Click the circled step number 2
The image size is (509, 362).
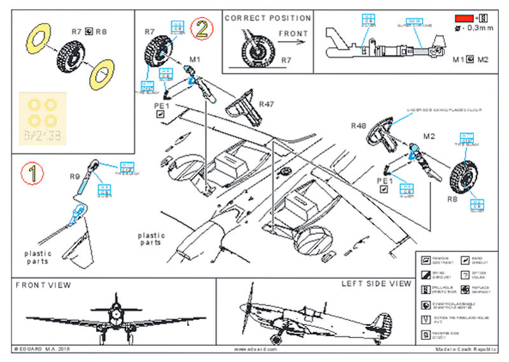(202, 28)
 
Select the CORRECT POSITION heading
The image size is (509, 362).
(268, 18)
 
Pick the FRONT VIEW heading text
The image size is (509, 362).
(43, 285)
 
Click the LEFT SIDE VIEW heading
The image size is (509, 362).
(376, 284)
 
